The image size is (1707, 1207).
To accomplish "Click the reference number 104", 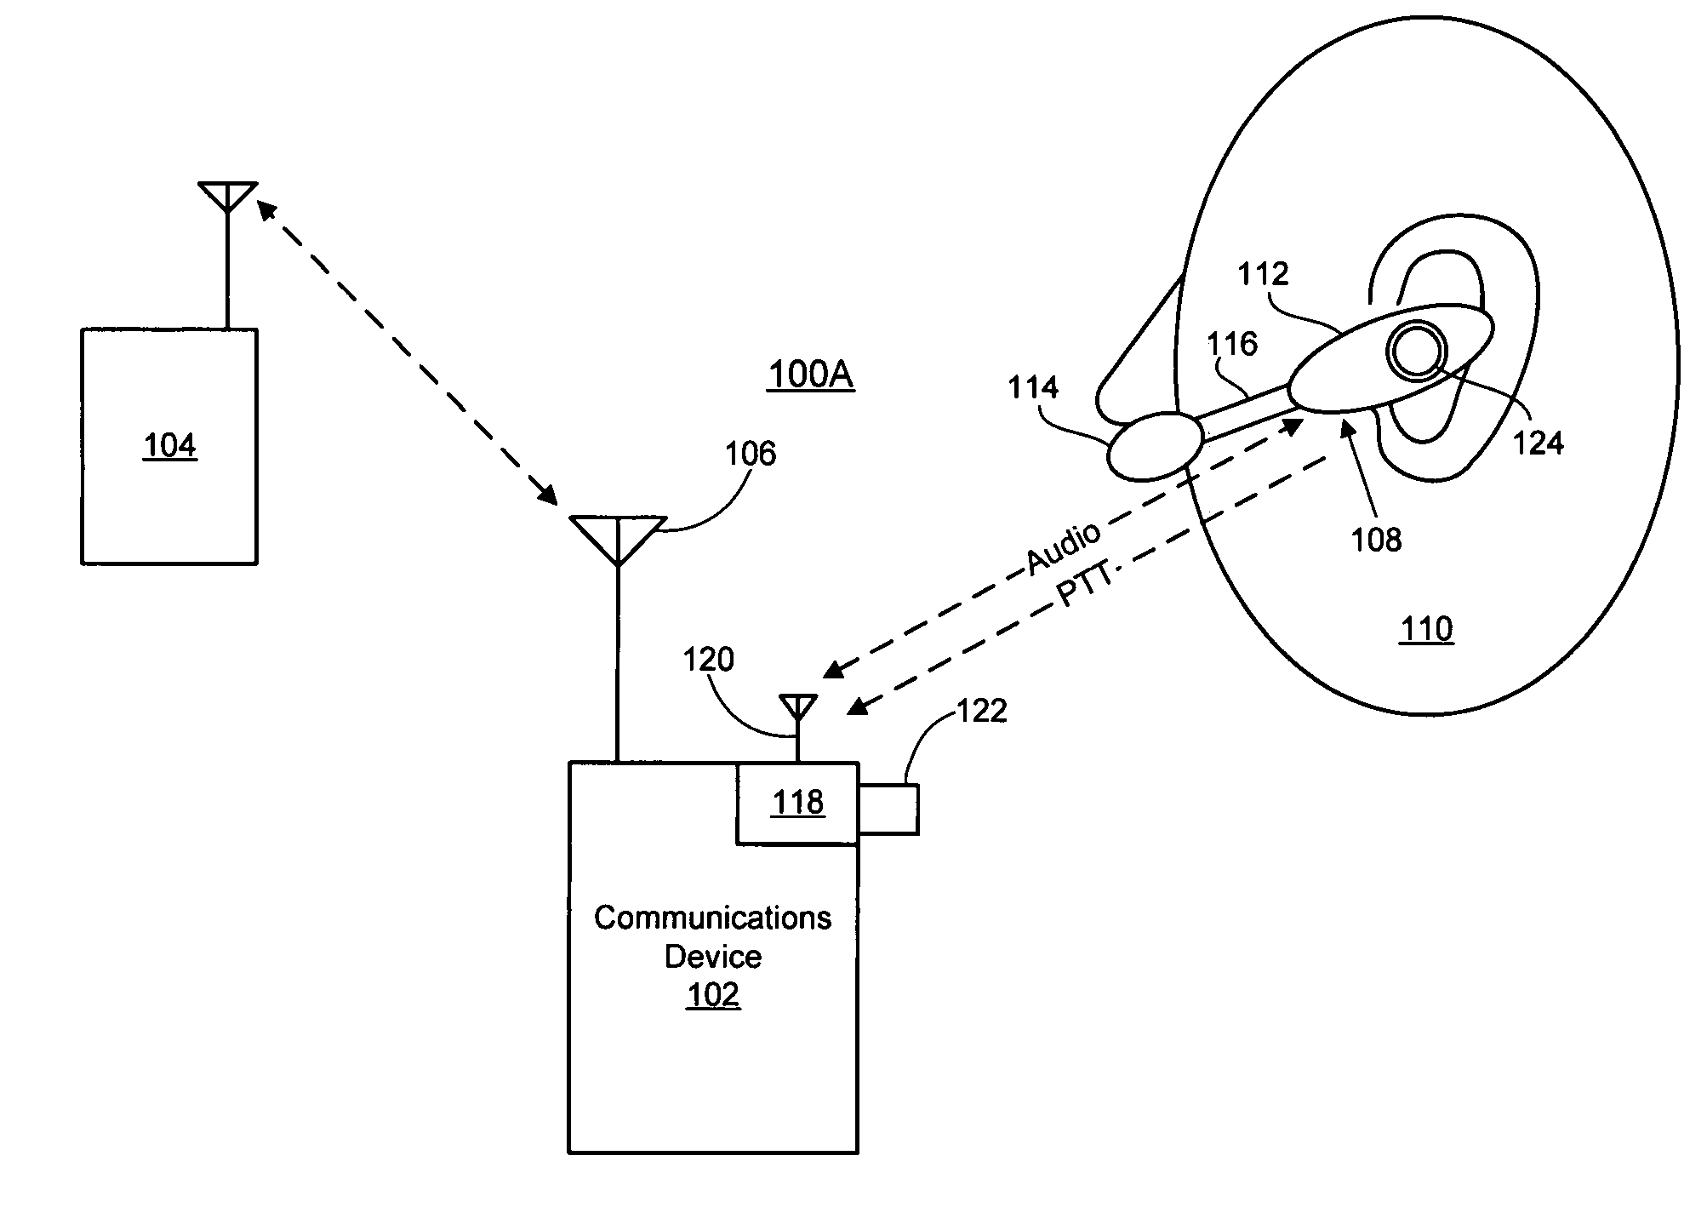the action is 170,446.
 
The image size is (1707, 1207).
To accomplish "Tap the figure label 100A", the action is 810,375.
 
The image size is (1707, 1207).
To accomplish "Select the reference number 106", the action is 751,454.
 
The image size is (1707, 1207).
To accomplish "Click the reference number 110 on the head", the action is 1426,630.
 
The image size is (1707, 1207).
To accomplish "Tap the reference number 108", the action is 1377,539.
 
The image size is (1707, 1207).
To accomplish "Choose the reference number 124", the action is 1539,443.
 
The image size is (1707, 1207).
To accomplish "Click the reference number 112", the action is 1264,274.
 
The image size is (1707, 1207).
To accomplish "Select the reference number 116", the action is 1232,344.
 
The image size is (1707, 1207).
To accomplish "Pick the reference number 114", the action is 1033,388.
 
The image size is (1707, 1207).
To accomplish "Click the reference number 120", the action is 709,660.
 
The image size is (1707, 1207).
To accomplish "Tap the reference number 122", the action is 982,711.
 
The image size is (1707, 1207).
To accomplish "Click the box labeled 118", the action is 797,804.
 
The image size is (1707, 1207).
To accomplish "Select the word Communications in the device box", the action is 713,918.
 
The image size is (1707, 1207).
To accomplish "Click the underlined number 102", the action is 713,994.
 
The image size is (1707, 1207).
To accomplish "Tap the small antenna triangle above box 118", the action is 798,706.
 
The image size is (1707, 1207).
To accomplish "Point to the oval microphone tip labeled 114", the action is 1155,447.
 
